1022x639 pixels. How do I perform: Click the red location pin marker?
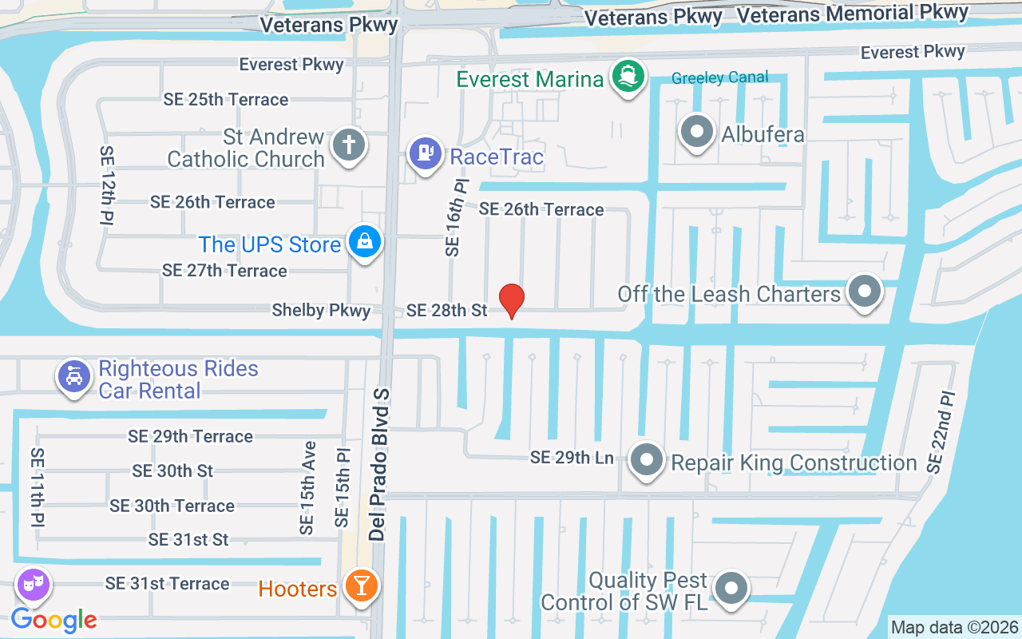pyautogui.click(x=511, y=300)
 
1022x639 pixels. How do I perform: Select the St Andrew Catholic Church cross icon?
pyautogui.click(x=348, y=145)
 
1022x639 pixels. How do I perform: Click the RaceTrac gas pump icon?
pyautogui.click(x=426, y=153)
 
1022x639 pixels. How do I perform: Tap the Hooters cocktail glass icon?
pyautogui.click(x=360, y=587)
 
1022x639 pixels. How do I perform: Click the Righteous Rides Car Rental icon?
pyautogui.click(x=73, y=376)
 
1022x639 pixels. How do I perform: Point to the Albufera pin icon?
pyautogui.click(x=697, y=132)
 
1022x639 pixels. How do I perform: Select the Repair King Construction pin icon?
pyautogui.click(x=646, y=461)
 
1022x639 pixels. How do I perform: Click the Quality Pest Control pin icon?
pyautogui.click(x=730, y=589)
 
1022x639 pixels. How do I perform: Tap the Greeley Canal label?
pyautogui.click(x=720, y=77)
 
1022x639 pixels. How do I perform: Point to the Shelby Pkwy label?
pyautogui.click(x=321, y=310)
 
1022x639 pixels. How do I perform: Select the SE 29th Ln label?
pyautogui.click(x=572, y=458)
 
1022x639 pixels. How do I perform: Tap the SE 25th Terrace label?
pyautogui.click(x=226, y=100)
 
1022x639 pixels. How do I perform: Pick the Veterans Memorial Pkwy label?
pyautogui.click(x=853, y=14)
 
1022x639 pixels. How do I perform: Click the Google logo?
pyautogui.click(x=54, y=619)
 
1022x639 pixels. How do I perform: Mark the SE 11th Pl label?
pyautogui.click(x=38, y=487)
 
